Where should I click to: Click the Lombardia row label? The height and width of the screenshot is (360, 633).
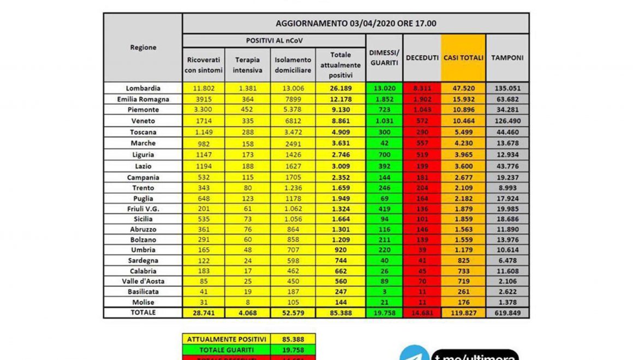click(x=143, y=88)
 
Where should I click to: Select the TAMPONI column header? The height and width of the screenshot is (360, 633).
click(x=507, y=58)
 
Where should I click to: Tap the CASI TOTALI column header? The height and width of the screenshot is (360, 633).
click(x=463, y=58)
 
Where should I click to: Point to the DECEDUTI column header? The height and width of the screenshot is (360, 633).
click(x=422, y=58)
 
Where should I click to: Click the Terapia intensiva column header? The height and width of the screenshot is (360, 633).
click(x=247, y=65)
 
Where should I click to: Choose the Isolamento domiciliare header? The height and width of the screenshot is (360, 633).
click(x=293, y=65)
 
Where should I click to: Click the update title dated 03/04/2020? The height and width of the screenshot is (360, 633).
click(x=355, y=24)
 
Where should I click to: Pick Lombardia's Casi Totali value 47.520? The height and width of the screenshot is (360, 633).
click(x=463, y=88)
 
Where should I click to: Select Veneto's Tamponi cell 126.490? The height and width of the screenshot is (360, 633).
click(x=507, y=121)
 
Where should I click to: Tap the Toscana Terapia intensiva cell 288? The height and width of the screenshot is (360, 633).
click(x=247, y=132)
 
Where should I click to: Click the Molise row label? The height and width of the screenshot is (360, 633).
click(x=143, y=302)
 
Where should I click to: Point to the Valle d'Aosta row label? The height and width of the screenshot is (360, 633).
click(x=143, y=281)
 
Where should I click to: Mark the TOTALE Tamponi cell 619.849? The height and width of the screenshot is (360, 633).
click(x=507, y=313)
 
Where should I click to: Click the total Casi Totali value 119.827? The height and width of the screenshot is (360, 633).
click(x=463, y=313)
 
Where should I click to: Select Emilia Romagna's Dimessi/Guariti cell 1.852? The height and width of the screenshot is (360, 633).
click(x=384, y=99)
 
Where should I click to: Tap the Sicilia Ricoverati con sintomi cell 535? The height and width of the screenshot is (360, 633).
click(x=204, y=218)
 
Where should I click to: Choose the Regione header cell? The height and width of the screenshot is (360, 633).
click(x=143, y=47)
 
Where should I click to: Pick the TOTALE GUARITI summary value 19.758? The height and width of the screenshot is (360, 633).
click(x=293, y=350)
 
